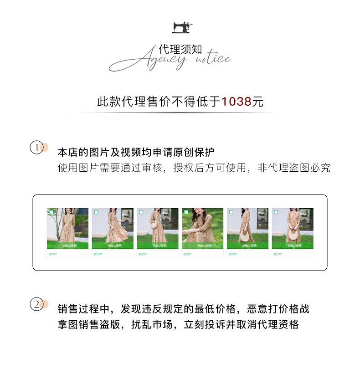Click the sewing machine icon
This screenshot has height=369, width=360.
point(182,27)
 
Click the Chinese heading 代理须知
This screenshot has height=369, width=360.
point(180,50)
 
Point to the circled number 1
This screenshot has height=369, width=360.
point(36,148)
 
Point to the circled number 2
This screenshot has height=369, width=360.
point(36,304)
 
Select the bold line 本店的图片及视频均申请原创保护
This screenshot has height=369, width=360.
point(136,152)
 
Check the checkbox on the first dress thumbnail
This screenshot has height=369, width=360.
point(51,212)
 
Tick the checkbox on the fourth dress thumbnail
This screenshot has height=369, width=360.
point(186,212)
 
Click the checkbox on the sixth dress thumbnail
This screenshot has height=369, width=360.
point(276,212)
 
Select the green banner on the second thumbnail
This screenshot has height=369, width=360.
point(113,246)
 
